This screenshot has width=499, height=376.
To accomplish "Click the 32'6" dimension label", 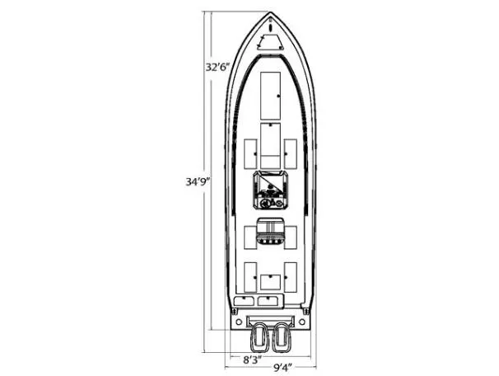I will [x=216, y=65].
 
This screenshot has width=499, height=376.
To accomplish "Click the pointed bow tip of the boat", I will [x=270, y=14].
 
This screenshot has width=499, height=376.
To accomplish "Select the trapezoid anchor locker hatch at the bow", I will [x=270, y=43].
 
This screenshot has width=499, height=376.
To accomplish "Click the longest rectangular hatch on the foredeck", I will [x=270, y=94].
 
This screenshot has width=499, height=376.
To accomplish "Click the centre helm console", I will [x=270, y=190].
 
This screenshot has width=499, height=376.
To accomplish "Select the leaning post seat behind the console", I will [x=270, y=233].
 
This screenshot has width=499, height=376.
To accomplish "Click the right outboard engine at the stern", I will [x=282, y=336].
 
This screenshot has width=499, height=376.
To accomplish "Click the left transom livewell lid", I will [x=245, y=301].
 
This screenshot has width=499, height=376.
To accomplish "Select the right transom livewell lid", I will [x=268, y=301].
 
